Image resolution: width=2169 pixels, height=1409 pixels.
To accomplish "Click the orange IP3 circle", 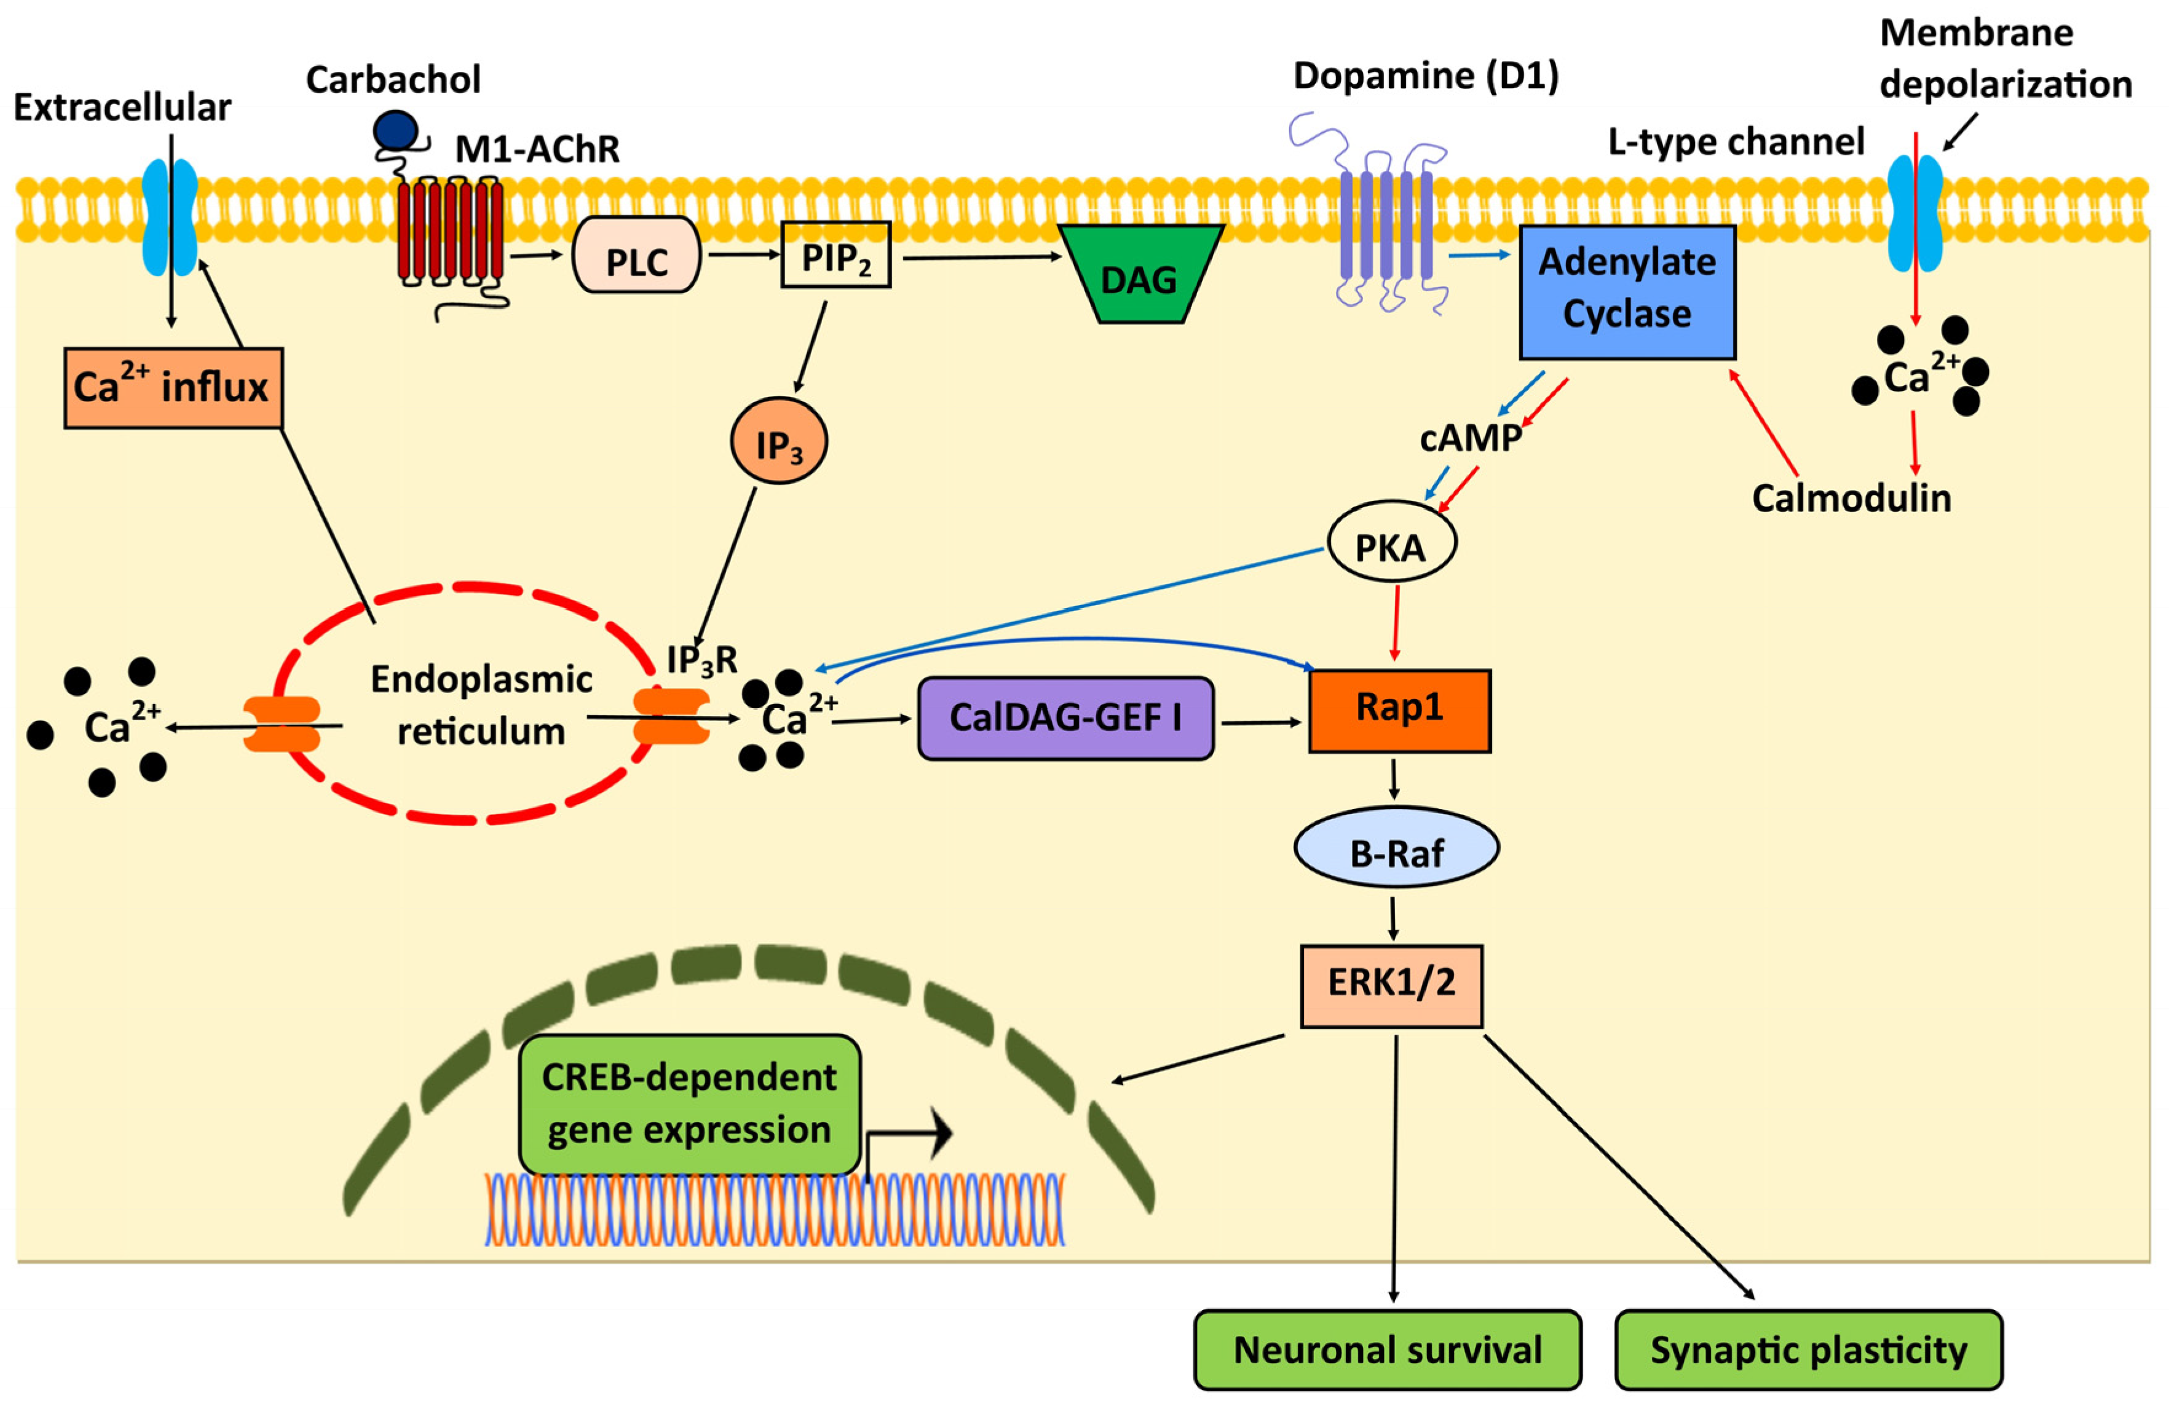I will [778, 441].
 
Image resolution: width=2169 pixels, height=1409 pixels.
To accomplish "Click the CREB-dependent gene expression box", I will [689, 1103].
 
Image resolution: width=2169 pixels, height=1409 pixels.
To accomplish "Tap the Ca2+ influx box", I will [173, 387].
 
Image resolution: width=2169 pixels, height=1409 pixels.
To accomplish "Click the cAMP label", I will [1470, 438].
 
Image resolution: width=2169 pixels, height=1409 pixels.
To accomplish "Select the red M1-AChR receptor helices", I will [450, 230].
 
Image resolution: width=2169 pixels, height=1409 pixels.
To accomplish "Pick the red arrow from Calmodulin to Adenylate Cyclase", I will [1763, 423].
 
